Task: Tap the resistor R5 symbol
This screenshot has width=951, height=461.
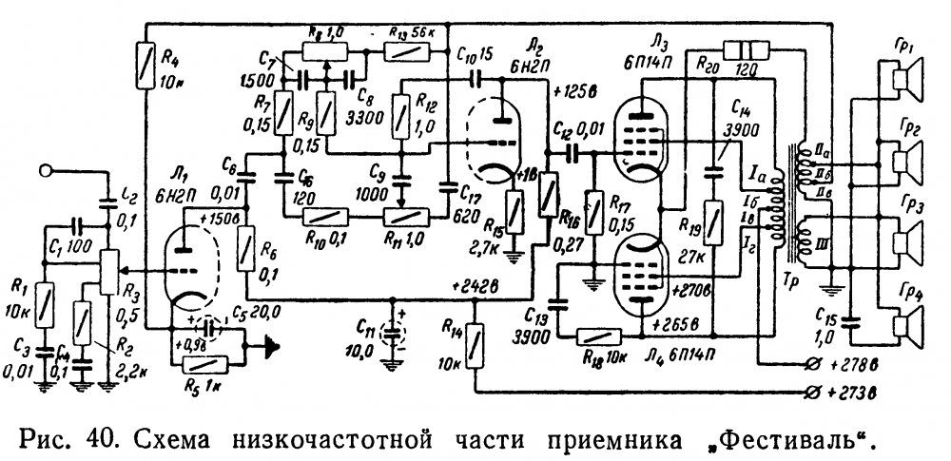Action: [204, 362]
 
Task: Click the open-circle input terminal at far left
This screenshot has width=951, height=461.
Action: [46, 172]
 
